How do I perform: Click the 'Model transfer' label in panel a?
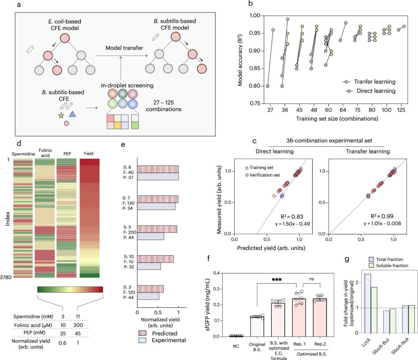[x=124, y=48]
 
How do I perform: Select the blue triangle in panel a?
[x=73, y=114]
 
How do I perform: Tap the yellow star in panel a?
[x=61, y=116]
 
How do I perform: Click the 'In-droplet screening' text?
[x=127, y=85]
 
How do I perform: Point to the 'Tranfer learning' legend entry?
[x=369, y=82]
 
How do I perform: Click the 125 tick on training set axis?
[x=401, y=110]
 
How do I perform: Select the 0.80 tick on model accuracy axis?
[x=255, y=86]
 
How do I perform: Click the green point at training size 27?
[x=273, y=30]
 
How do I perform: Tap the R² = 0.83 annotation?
[x=292, y=216]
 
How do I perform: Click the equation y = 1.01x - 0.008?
[x=382, y=223]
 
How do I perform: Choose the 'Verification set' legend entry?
[x=263, y=175]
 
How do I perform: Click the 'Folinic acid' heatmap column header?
[x=46, y=153]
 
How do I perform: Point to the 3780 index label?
[x=6, y=277]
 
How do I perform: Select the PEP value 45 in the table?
[x=78, y=333]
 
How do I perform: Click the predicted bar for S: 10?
[x=155, y=259]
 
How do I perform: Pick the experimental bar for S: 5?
[x=151, y=236]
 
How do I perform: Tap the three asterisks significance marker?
[x=277, y=280]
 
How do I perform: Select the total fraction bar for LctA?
[x=368, y=303]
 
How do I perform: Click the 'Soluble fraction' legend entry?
[x=389, y=265]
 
